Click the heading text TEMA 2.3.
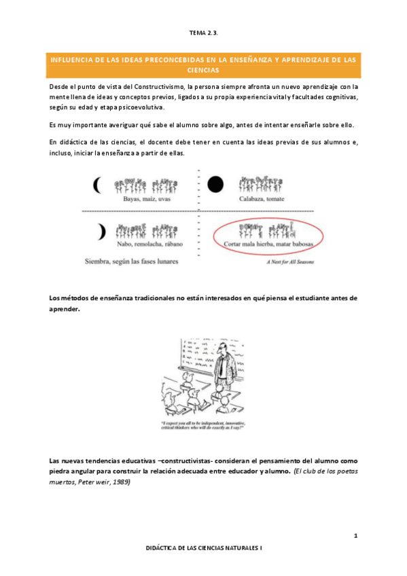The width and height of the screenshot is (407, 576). (x=203, y=32)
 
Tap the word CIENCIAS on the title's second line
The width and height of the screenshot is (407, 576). (x=203, y=70)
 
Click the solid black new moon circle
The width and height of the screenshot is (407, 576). (x=215, y=183)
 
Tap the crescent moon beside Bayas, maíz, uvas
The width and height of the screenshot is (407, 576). (x=99, y=184)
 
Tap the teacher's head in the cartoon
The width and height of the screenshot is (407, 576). (x=224, y=348)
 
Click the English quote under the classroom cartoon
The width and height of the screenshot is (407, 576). (x=203, y=427)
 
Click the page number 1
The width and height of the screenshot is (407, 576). (x=355, y=537)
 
